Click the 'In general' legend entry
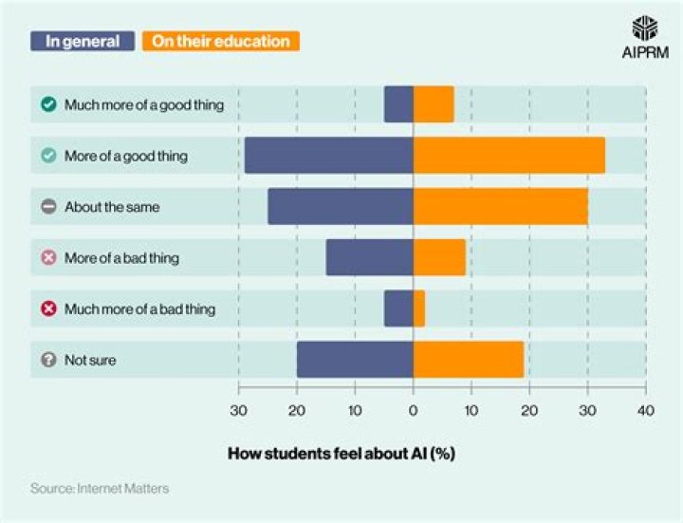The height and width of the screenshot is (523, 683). (x=83, y=41)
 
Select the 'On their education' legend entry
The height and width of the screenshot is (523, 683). (x=220, y=41)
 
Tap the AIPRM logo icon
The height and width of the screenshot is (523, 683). (x=644, y=28)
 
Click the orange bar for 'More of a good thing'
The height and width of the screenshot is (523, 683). (x=508, y=155)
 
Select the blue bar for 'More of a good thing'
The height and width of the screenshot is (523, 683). (x=328, y=155)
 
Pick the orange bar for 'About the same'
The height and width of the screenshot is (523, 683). (x=500, y=206)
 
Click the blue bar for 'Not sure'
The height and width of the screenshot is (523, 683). (x=355, y=360)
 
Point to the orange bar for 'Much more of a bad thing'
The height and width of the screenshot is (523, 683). (x=418, y=308)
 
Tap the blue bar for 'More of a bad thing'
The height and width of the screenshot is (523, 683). (x=369, y=257)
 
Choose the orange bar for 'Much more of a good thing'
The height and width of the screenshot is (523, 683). (x=434, y=103)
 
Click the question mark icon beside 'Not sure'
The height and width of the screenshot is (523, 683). (x=48, y=360)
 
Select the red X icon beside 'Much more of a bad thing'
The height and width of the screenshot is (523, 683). (x=48, y=308)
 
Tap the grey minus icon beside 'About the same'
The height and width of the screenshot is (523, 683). (x=48, y=206)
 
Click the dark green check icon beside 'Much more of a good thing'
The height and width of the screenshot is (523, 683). (x=48, y=104)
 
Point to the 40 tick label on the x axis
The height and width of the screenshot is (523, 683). (x=645, y=410)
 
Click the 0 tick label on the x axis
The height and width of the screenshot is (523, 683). (x=413, y=410)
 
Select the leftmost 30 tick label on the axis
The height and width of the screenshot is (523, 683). (x=238, y=410)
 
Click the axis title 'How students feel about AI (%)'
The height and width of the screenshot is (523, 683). (x=341, y=453)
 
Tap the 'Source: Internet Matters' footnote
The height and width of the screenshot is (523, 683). (x=100, y=489)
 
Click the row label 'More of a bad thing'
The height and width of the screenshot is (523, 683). (x=121, y=257)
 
